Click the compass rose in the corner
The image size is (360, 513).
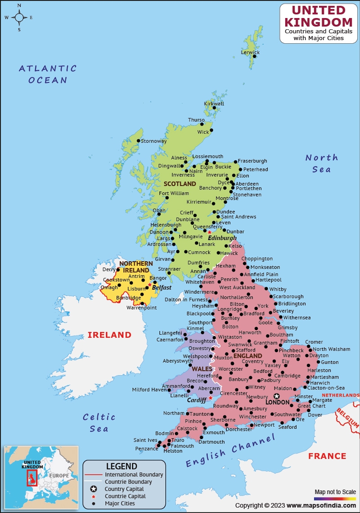tap(19, 18)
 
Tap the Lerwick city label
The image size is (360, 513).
tap(250, 52)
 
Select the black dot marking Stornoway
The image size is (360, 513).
tap(139, 141)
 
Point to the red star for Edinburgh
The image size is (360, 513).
tap(209, 232)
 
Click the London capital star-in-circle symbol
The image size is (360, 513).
tap(277, 396)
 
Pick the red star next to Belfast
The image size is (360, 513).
tap(149, 285)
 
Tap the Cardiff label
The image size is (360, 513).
tap(197, 400)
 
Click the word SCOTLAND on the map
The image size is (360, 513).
tap(180, 184)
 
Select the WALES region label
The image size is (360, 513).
tap(202, 369)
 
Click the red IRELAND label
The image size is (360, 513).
tap(109, 335)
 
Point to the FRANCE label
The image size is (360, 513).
tap(327, 456)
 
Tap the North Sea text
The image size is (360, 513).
tap(321, 163)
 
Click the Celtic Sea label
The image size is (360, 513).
tap(99, 422)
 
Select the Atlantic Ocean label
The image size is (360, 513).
tap(48, 74)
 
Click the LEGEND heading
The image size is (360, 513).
tap(121, 466)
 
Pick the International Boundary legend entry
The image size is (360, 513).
tap(134, 475)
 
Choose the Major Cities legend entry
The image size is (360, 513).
tap(120, 504)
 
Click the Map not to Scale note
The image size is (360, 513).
tap(335, 491)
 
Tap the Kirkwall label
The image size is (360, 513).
tap(214, 104)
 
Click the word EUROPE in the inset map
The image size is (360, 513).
tap(59, 476)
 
